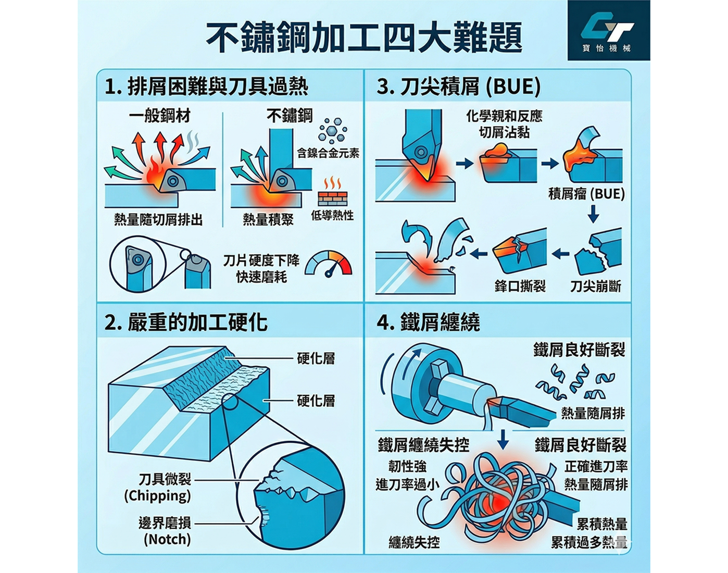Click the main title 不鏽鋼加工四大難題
[x=364, y=38]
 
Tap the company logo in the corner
[x=609, y=30]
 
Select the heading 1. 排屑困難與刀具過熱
[x=207, y=87]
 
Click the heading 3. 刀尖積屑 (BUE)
[x=459, y=87]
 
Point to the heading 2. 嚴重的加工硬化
[x=186, y=322]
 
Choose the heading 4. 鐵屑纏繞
[x=428, y=322]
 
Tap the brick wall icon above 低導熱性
[x=333, y=191]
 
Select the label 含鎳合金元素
[x=328, y=153]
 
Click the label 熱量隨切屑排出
[x=158, y=220]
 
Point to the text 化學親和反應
[x=504, y=116]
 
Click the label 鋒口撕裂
[x=520, y=286]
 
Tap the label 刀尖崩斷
[x=595, y=286]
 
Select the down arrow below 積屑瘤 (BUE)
[x=593, y=214]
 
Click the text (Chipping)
[x=157, y=496]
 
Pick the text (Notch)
[x=167, y=539]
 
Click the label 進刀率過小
[x=407, y=484]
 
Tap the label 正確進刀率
[x=596, y=467]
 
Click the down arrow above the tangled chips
[x=504, y=439]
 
